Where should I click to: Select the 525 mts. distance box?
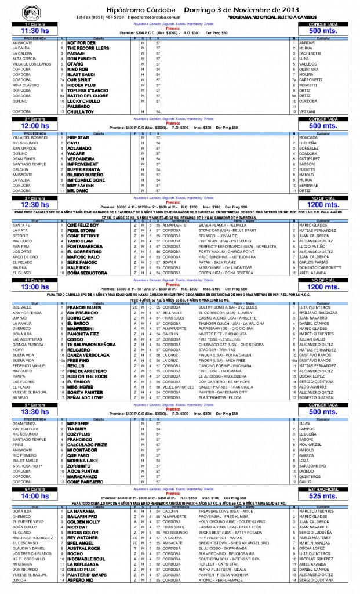point(323,497)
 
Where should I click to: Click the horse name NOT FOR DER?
point(81,42)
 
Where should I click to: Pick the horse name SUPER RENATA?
point(83,169)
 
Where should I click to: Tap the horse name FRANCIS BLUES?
point(85,307)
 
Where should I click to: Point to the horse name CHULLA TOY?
point(81,111)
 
